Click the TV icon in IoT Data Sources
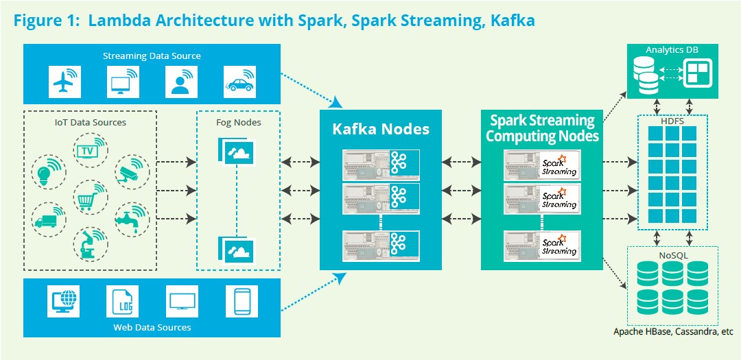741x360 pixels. (x=89, y=151)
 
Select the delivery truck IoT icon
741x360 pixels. (x=47, y=220)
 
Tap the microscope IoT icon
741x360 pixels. (x=88, y=244)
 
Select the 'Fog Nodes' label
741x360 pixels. (x=238, y=123)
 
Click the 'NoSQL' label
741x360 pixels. (x=672, y=255)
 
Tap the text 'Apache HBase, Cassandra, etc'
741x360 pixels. (x=672, y=332)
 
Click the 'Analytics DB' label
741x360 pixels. (x=672, y=50)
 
